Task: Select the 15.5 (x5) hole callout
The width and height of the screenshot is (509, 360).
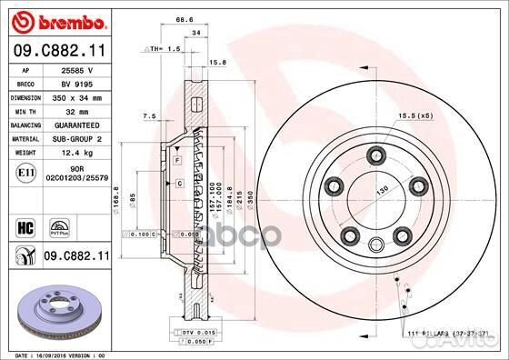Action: click(x=419, y=117)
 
